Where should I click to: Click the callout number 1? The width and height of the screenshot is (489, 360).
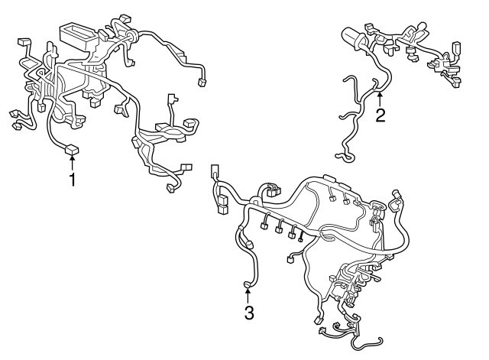(x=73, y=180)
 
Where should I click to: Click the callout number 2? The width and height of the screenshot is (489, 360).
(x=380, y=115)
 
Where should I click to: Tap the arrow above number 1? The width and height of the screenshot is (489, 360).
(x=73, y=163)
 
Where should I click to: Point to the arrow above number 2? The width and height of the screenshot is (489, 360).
(x=380, y=98)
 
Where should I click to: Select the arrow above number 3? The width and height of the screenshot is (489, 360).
(x=248, y=294)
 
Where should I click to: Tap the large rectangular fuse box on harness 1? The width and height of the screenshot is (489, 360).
(x=78, y=35)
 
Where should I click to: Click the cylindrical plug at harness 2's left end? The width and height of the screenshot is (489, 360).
(x=352, y=37)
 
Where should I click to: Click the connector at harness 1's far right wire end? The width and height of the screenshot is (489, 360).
(x=203, y=83)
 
